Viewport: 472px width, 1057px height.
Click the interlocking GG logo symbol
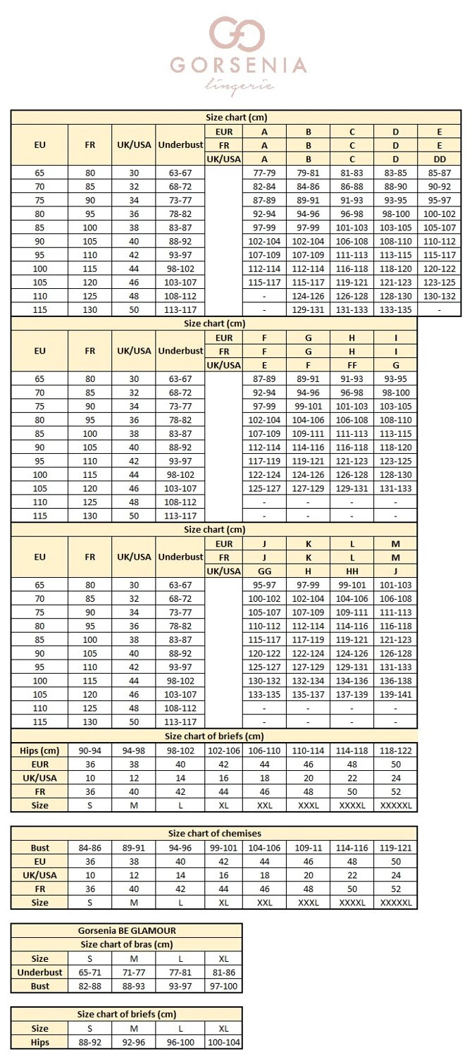click(237, 35)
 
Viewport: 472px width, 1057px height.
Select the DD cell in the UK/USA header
click(439, 159)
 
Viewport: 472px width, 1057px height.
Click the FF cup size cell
click(352, 365)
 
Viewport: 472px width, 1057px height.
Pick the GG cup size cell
click(264, 571)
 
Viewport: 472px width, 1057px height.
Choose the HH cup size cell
click(352, 571)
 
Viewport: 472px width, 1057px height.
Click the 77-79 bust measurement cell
click(264, 172)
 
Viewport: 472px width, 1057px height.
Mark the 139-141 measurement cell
click(395, 695)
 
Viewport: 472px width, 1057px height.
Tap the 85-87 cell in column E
click(439, 172)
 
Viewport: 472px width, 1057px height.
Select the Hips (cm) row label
click(39, 750)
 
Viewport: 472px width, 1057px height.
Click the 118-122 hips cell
click(395, 750)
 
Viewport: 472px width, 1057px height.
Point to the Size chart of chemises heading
click(214, 833)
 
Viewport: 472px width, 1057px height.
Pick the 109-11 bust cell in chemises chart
click(308, 848)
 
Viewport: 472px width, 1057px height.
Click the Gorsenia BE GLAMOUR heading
click(126, 930)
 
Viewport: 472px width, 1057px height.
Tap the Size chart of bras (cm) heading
click(126, 944)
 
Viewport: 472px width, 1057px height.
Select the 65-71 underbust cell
click(89, 972)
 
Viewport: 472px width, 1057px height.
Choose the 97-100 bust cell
click(224, 986)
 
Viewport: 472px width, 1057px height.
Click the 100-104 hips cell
click(224, 1042)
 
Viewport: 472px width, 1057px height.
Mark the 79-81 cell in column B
click(308, 172)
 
